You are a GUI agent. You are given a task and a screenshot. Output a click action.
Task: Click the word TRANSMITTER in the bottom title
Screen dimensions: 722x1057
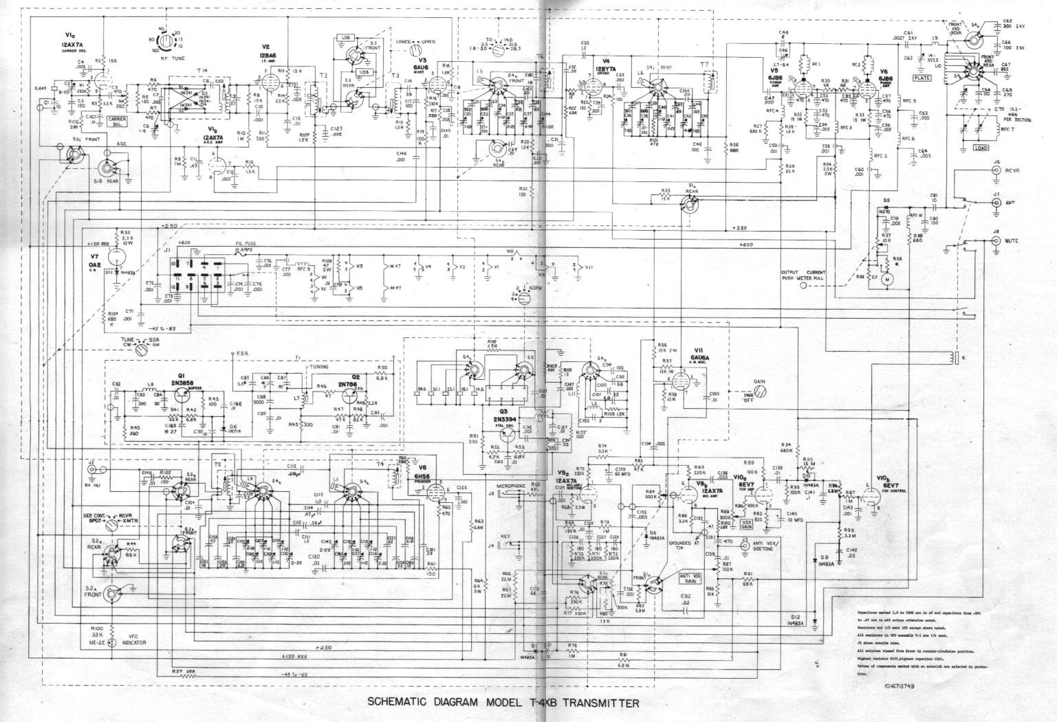pyautogui.click(x=592, y=703)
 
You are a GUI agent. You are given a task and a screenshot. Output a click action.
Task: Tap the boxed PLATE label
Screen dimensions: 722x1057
pyautogui.click(x=922, y=78)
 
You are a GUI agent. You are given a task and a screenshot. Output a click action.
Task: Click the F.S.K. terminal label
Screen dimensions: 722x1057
pyautogui.click(x=243, y=354)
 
